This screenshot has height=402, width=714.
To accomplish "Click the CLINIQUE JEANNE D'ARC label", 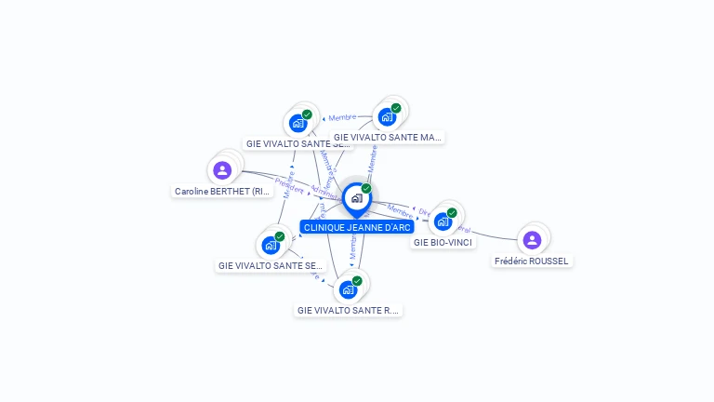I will pos(357,227).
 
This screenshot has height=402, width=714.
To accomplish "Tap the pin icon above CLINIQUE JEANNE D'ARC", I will pos(356,198).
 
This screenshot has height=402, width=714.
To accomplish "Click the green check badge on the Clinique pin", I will pos(366,189).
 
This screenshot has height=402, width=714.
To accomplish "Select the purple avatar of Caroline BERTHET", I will pos(222,170).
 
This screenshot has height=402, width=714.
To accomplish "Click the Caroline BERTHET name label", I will pos(222,192).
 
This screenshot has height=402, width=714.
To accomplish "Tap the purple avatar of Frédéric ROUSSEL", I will pos(532,240).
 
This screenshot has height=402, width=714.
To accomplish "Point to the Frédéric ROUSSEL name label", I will pos(532,261).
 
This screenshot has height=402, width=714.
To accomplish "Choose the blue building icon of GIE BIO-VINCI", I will pos(443,221).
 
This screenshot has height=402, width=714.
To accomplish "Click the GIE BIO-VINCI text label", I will pos(443,243).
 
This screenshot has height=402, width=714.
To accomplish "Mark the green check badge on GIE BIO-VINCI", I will pos(452,213).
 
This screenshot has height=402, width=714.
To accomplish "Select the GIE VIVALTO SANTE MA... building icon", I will pos(387,117).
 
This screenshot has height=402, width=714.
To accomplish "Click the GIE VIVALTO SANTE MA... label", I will pos(388,138).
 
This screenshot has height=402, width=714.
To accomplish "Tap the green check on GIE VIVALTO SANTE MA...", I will pos(396,108).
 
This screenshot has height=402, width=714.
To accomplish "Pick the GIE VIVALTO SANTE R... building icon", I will pos(348,288).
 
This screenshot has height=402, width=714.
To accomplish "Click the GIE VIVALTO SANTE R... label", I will pos(349,310).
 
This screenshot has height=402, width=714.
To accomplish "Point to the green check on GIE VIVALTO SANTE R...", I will pos(357,280).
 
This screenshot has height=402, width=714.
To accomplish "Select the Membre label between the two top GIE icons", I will pos(342,117).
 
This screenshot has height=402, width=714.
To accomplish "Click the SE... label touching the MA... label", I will pos(297,144).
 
